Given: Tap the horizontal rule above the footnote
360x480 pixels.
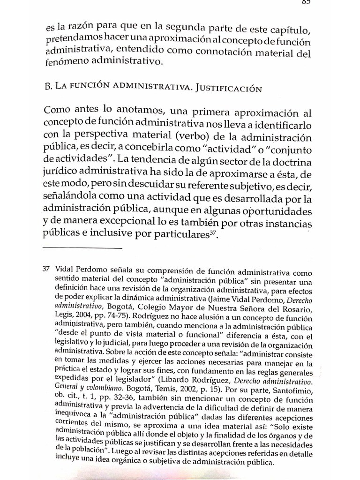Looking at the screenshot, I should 82,247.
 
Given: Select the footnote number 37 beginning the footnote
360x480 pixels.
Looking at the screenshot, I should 46,270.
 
